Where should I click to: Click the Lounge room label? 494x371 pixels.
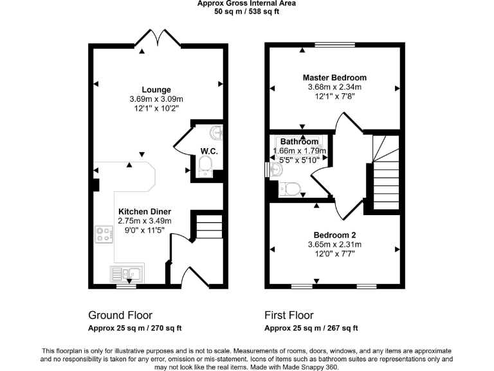(x=157, y=90)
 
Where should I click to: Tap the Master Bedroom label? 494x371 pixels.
(x=334, y=78)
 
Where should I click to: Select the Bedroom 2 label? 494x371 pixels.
(x=334, y=235)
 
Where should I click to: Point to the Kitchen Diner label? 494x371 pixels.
(x=145, y=211)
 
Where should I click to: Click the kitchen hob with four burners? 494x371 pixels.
(x=104, y=234)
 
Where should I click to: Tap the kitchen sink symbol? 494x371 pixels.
(x=127, y=273)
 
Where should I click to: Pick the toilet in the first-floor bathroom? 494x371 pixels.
(x=291, y=189)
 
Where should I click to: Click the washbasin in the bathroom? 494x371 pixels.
(x=275, y=169)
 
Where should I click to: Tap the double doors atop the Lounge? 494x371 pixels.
(x=157, y=39)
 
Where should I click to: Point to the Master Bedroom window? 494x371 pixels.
(x=333, y=45)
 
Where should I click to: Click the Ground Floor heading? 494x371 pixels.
(x=120, y=316)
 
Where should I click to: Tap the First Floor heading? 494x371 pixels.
(x=289, y=316)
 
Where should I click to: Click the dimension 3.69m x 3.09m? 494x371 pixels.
(x=157, y=99)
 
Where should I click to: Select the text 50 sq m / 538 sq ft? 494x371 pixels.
(x=246, y=12)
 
